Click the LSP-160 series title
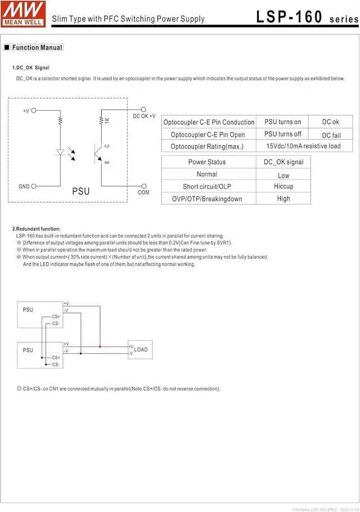pos(307,17)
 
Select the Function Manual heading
pos(37,48)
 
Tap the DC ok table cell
pos(330,122)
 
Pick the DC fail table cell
pos(331,134)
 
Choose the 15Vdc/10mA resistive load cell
pos(303,146)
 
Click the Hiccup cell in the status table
pos(283,186)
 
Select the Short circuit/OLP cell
pos(207,186)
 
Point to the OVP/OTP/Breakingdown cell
pos(207,199)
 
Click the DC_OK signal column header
pos(283,162)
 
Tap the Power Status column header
pos(207,162)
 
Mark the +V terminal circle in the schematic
pos(34,111)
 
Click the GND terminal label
pos(24,186)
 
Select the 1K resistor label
pos(107,120)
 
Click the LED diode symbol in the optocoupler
pos(60,152)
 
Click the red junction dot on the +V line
pos(100,347)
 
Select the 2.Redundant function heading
pos(36,229)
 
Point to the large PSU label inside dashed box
pos(80,191)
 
